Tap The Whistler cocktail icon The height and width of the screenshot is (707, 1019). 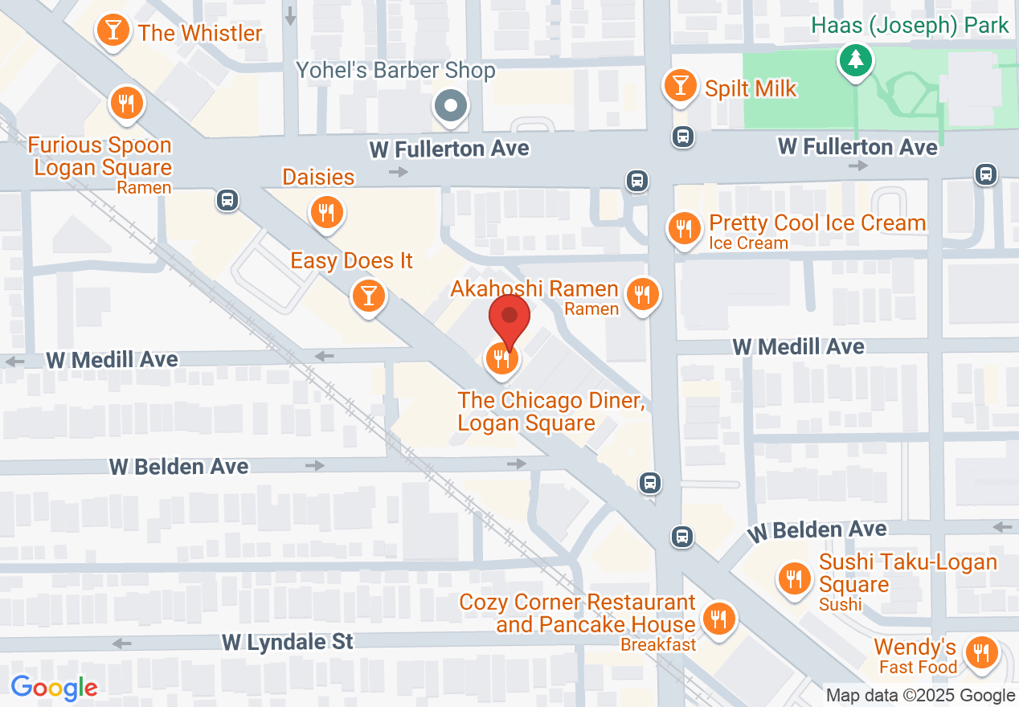click(113, 31)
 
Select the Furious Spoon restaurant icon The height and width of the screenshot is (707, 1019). click(126, 103)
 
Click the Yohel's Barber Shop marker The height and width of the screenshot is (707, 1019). click(451, 105)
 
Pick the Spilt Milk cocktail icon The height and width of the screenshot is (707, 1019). click(681, 85)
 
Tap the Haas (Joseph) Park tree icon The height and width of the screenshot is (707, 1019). click(856, 59)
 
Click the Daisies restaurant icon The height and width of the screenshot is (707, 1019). click(326, 212)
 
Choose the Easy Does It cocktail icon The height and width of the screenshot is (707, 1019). click(369, 296)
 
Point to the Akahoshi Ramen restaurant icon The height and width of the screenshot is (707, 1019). click(641, 294)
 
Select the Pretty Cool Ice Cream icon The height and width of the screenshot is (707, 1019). click(684, 229)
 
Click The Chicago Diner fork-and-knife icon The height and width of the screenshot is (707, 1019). click(502, 359)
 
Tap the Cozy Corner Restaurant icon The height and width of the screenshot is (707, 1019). click(716, 618)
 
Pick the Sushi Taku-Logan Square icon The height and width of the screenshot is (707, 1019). click(794, 578)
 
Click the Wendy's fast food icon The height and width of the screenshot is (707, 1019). click(980, 652)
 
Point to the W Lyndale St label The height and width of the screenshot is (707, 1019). click(287, 642)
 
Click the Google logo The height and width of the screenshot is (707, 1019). click(54, 688)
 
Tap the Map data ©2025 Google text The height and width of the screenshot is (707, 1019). click(920, 696)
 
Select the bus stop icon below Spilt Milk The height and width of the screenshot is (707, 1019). click(682, 137)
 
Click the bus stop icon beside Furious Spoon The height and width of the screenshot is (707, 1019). click(227, 199)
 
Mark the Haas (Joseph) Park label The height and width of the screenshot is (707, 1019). click(910, 26)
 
